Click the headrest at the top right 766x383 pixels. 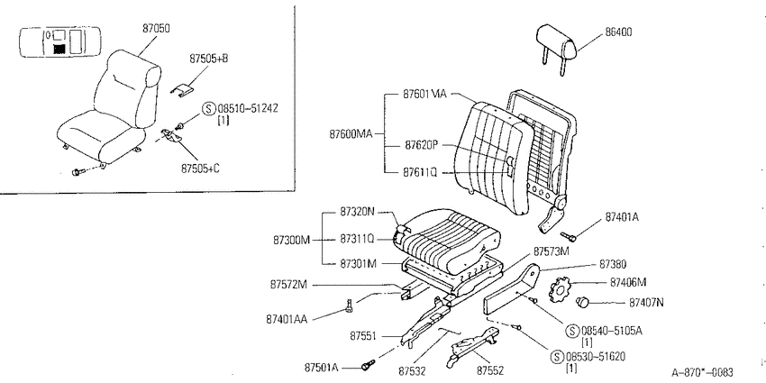click(556, 45)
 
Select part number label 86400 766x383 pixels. click(618, 32)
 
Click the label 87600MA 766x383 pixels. click(351, 134)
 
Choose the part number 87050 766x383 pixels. click(156, 28)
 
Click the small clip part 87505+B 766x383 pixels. click(181, 89)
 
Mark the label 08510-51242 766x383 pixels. click(247, 108)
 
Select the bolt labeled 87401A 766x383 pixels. click(568, 237)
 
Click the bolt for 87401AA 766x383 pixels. click(349, 306)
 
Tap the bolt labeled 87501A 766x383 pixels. click(368, 364)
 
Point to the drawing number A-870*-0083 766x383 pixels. click(702, 373)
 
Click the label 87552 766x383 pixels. click(490, 370)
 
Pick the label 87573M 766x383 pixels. click(551, 251)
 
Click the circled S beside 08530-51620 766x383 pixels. click(556, 357)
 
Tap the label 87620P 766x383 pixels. click(422, 145)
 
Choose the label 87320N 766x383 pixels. click(357, 212)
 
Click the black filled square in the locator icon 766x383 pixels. click(59, 49)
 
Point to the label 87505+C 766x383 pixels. click(200, 169)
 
